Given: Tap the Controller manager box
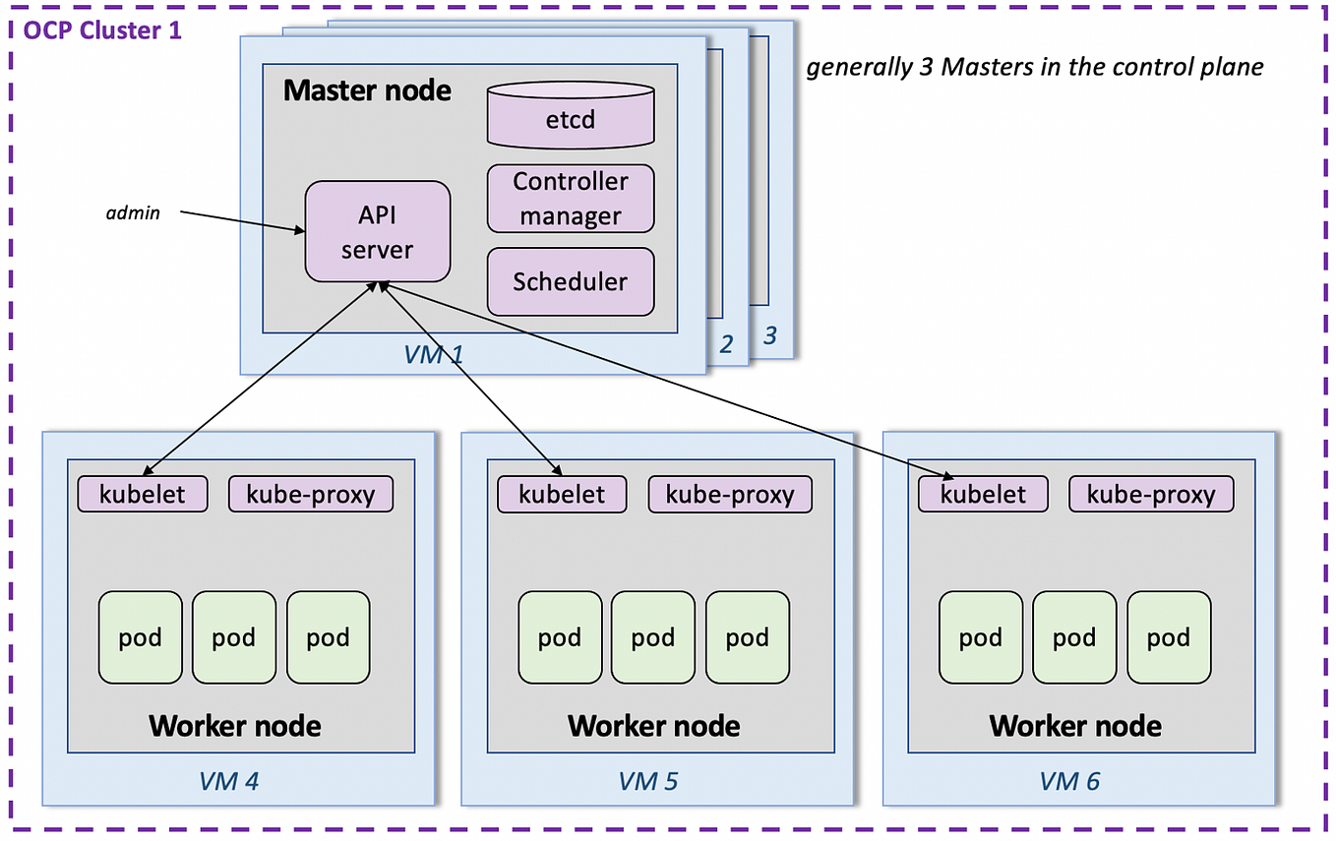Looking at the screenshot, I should coord(571,199).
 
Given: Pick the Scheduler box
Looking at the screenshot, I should coord(571,281).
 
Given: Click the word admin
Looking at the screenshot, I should coord(133,212).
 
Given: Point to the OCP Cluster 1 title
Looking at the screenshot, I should coord(102,30).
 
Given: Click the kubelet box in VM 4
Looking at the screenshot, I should coord(143,494).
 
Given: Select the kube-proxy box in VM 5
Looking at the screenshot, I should coord(729,494).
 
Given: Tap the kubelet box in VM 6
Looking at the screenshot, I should coord(983,494).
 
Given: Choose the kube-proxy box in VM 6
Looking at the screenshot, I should coord(1150,494).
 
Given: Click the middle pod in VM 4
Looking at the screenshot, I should coord(234,637).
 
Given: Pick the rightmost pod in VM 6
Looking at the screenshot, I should coord(1169,637).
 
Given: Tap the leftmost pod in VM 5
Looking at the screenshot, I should coord(560,637).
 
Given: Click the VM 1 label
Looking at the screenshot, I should coord(433,355).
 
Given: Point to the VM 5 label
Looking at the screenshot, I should coord(648,781).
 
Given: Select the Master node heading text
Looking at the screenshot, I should coord(367,91).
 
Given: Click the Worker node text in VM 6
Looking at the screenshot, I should coord(1075,727).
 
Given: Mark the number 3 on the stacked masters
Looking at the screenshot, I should coord(770,336).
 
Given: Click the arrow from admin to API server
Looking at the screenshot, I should coord(241,221).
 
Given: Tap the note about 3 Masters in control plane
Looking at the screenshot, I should coord(1035,67).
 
